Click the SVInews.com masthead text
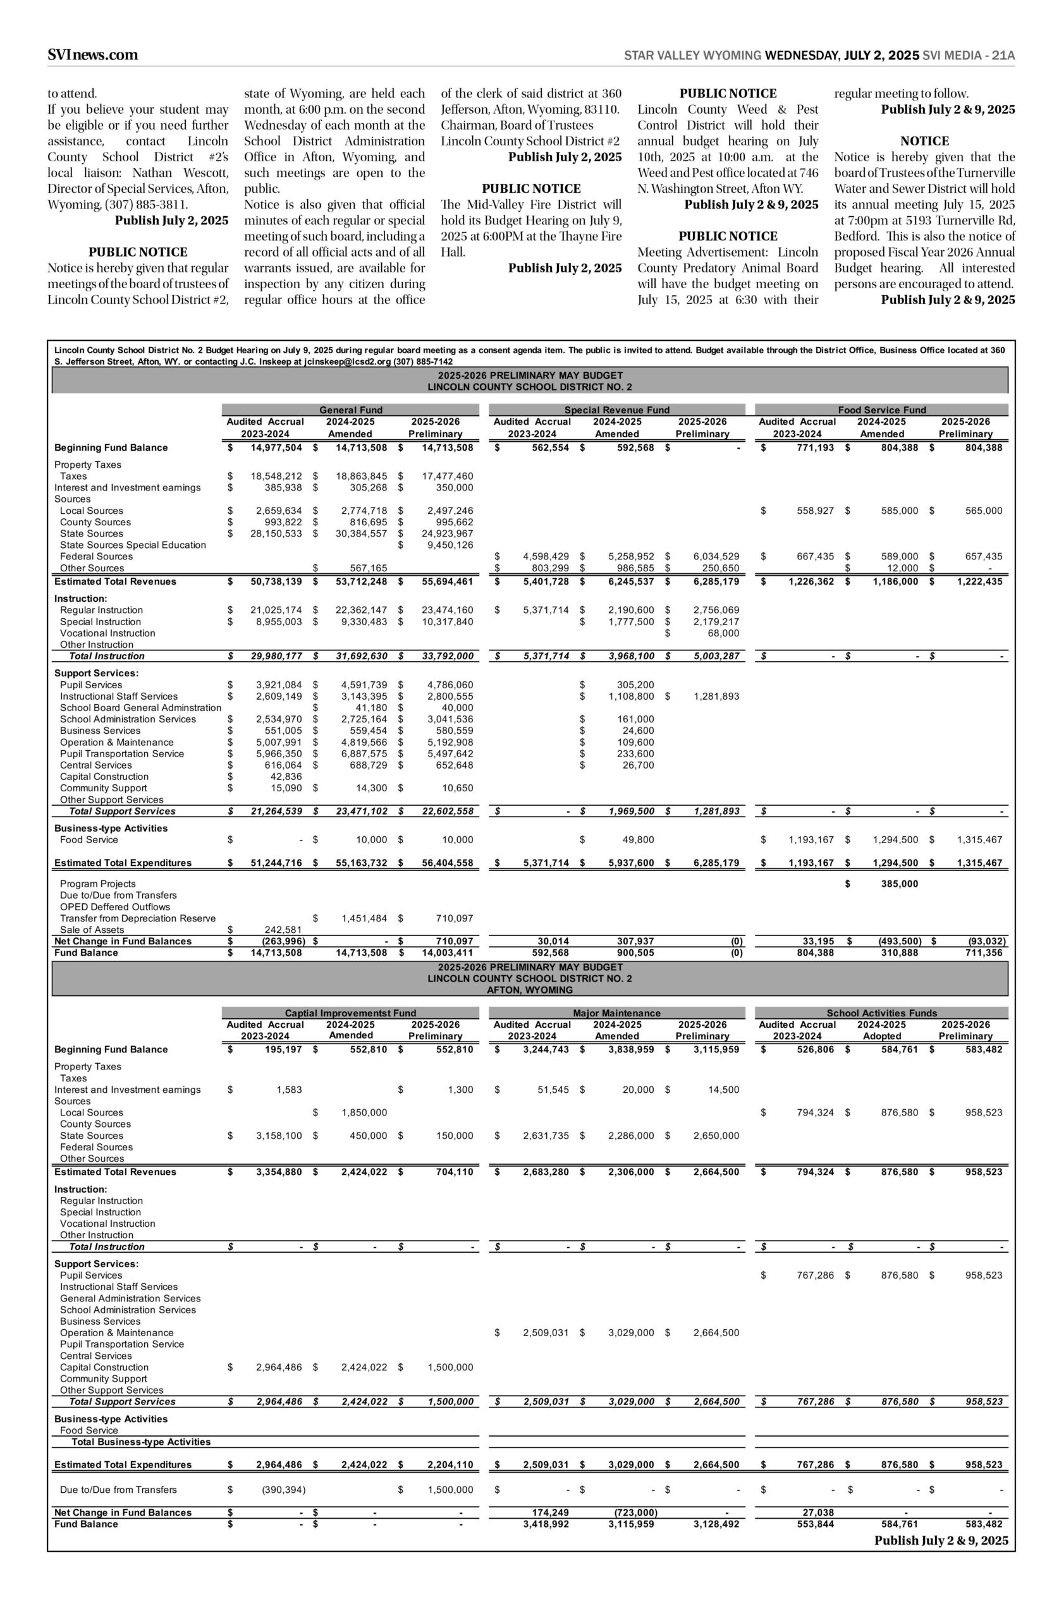92,55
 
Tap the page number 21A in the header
1003,56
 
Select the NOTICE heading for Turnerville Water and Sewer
924,142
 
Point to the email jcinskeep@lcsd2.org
347,362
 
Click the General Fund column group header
350,410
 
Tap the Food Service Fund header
882,410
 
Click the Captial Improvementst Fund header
350,1013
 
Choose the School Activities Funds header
881,1013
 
